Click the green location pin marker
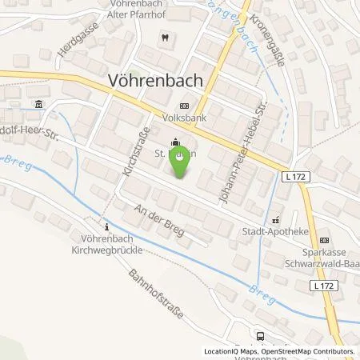click(x=178, y=162)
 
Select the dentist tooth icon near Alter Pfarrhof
click(x=164, y=37)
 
